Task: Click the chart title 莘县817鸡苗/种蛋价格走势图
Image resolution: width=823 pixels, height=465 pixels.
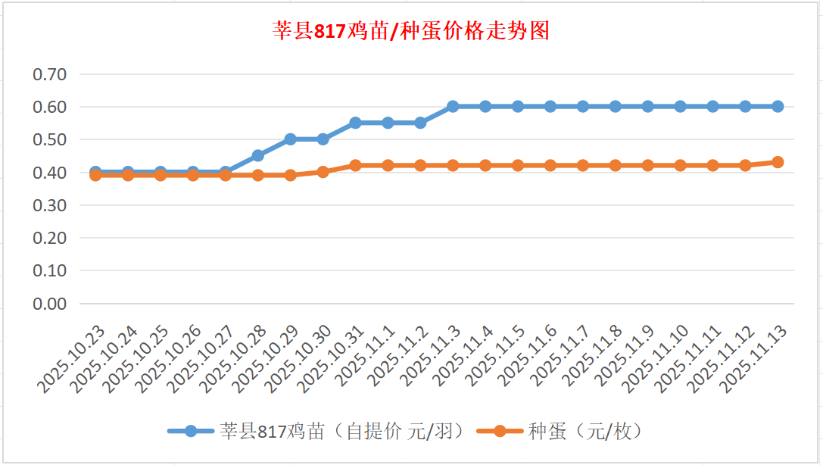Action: [411, 31]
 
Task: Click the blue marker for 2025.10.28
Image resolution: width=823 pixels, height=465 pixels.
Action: [257, 155]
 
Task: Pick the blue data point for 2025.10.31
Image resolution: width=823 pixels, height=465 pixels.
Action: [355, 123]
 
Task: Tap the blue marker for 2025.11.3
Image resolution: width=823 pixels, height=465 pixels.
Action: [453, 107]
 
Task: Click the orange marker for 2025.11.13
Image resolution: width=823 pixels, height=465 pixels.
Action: [778, 162]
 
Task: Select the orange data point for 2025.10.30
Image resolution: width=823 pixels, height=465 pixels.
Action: [323, 172]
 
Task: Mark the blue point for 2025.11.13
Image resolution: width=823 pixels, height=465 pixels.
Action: [778, 107]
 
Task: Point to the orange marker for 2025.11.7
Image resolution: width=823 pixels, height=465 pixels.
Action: [583, 165]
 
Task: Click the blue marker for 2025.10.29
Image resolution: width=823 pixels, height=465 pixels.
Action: [290, 139]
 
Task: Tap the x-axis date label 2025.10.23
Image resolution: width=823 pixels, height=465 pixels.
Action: [71, 360]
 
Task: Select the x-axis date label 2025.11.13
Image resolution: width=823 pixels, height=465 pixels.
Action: [754, 360]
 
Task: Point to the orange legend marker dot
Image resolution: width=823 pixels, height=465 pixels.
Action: [500, 432]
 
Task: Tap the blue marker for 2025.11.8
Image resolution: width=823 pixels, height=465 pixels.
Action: [616, 107]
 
